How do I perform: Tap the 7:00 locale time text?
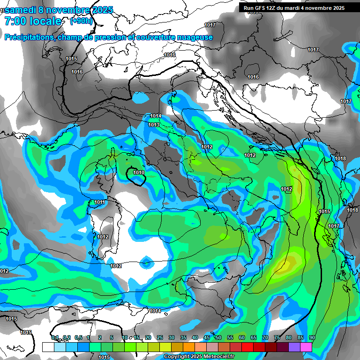coord(33,21)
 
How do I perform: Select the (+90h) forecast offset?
coord(81,21)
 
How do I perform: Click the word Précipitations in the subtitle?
coord(29,37)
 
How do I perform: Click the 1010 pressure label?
coord(139,172)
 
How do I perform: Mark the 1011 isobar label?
coord(100,202)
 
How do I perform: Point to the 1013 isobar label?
coord(154,125)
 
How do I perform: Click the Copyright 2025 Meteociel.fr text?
coord(202,356)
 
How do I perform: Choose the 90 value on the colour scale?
coord(312,337)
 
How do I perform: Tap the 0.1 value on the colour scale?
coord(55,337)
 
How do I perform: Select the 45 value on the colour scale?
coord(207,337)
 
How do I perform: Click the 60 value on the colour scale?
coord(242,337)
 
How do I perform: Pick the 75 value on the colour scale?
coord(277,337)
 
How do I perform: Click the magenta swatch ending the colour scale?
coord(306,347)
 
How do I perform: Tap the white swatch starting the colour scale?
coord(48,347)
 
